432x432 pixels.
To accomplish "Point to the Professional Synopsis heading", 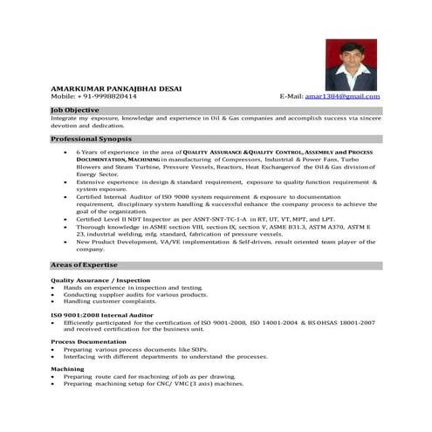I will [91, 139].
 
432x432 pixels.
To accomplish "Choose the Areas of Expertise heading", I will [85, 264].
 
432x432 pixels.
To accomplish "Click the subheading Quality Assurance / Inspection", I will [100, 280].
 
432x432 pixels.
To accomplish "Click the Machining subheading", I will [67, 369].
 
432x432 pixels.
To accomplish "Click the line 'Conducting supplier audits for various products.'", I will [135, 294].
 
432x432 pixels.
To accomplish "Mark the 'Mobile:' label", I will [65, 95].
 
